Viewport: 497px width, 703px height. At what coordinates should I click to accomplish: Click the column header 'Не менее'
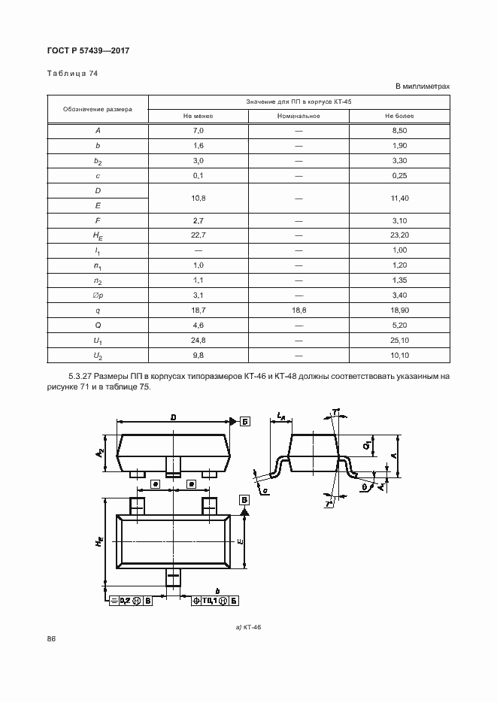pyautogui.click(x=198, y=116)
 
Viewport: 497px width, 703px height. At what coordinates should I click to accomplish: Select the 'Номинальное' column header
pyautogui.click(x=299, y=116)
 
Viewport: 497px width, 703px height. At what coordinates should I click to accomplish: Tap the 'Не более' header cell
pyautogui.click(x=399, y=116)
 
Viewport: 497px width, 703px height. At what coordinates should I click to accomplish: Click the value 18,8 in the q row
pyautogui.click(x=299, y=310)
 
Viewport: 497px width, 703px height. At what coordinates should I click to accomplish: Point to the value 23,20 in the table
pyautogui.click(x=399, y=235)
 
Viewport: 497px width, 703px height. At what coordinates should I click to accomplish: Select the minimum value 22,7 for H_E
pyautogui.click(x=198, y=235)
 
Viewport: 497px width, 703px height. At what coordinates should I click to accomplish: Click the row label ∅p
pyautogui.click(x=98, y=295)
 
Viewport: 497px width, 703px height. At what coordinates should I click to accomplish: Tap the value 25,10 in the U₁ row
pyautogui.click(x=399, y=340)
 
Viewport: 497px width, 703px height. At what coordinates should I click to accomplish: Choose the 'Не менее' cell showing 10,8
pyautogui.click(x=198, y=198)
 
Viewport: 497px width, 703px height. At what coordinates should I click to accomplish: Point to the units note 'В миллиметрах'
pyautogui.click(x=422, y=86)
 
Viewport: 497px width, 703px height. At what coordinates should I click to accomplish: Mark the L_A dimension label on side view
pyautogui.click(x=280, y=416)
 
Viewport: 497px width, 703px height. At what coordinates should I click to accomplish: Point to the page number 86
pyautogui.click(x=52, y=639)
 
